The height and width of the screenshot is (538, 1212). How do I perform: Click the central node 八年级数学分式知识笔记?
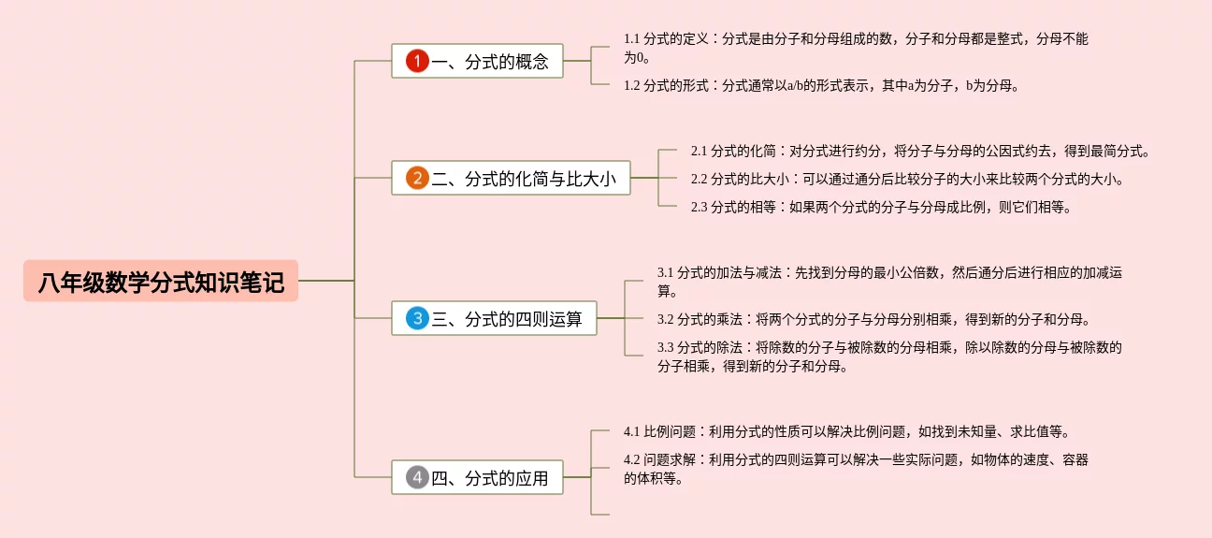tap(161, 281)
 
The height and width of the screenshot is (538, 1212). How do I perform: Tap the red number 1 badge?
tap(417, 62)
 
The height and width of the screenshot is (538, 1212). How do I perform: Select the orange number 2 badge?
tap(417, 178)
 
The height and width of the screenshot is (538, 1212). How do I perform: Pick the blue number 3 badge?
tap(417, 318)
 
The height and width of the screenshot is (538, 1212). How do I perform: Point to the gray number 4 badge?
tap(417, 478)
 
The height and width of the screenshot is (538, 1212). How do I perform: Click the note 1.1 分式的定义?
tap(855, 48)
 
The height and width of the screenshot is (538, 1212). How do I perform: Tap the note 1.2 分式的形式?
tap(820, 86)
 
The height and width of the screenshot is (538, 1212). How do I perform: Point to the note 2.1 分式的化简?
tap(919, 151)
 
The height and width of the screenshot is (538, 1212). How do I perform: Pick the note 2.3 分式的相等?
tap(880, 208)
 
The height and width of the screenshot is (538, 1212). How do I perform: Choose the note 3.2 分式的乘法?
tap(873, 319)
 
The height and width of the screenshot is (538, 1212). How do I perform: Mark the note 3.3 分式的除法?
tap(888, 356)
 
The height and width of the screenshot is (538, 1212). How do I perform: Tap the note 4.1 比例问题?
tap(845, 432)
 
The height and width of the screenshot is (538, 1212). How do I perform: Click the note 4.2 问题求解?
tap(855, 469)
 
